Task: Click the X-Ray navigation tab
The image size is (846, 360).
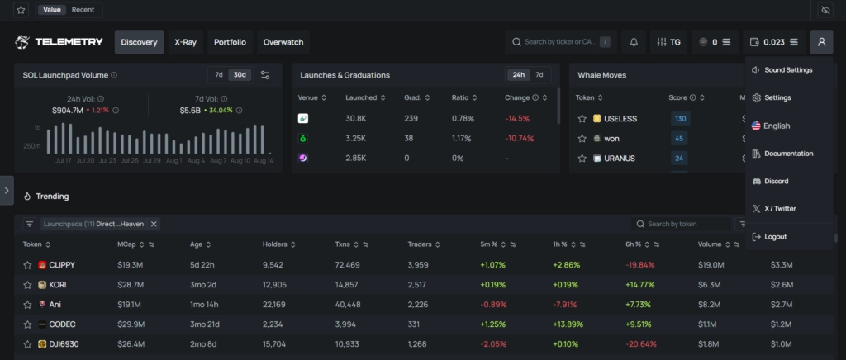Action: [x=185, y=42]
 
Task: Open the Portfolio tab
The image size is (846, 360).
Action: [x=230, y=42]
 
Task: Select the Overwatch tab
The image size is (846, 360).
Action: [x=283, y=42]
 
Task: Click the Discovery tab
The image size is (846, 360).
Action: [x=139, y=42]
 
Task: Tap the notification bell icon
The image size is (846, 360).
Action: [x=634, y=42]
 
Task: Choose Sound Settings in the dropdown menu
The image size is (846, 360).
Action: [x=787, y=70]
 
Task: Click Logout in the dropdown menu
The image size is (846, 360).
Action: [x=775, y=237]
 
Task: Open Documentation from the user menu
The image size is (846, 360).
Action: [x=788, y=154]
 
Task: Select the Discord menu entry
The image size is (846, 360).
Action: [x=776, y=181]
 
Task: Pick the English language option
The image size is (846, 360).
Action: [x=777, y=126]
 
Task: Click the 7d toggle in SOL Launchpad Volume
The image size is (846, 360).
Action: [x=219, y=75]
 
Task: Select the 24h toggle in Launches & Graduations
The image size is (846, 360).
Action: [x=519, y=75]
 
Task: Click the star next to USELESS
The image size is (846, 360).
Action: [x=582, y=119]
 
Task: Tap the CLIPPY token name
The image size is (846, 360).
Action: [x=62, y=265]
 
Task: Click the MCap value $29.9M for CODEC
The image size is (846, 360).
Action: [x=131, y=324]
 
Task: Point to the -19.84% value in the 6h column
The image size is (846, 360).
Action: [x=640, y=265]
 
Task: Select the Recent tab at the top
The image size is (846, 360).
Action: [x=83, y=10]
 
